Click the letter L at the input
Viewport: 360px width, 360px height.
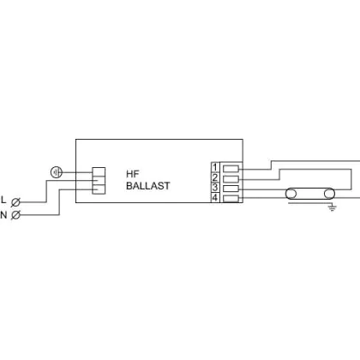click(3, 200)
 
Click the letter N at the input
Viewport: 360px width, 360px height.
click(3, 214)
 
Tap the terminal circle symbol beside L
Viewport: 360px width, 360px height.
click(15, 202)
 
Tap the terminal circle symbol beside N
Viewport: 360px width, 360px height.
click(15, 215)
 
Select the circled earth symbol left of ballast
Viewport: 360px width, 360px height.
click(57, 172)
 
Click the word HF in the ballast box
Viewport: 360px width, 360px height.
click(132, 174)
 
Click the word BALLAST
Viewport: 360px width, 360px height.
click(148, 186)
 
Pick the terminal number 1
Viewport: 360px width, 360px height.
click(215, 167)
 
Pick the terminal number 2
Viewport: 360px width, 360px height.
click(215, 177)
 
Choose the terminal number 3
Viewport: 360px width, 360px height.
click(215, 188)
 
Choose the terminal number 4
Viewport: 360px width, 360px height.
click(215, 197)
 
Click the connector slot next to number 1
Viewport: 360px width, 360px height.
click(231, 169)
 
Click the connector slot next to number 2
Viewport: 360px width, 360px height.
click(231, 179)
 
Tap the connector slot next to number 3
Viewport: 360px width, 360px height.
click(231, 189)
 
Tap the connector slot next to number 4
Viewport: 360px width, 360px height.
click(231, 198)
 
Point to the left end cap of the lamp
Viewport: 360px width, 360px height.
click(291, 194)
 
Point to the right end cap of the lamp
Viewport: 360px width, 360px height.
click(329, 194)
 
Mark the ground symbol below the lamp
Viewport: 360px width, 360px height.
click(332, 207)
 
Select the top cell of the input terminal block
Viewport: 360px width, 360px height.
click(99, 171)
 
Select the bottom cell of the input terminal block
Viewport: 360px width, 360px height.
click(99, 189)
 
